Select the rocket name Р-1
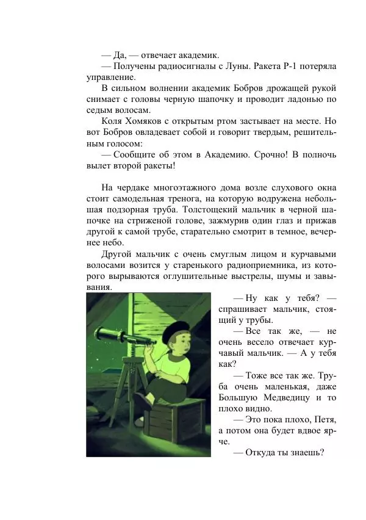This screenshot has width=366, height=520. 293,65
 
